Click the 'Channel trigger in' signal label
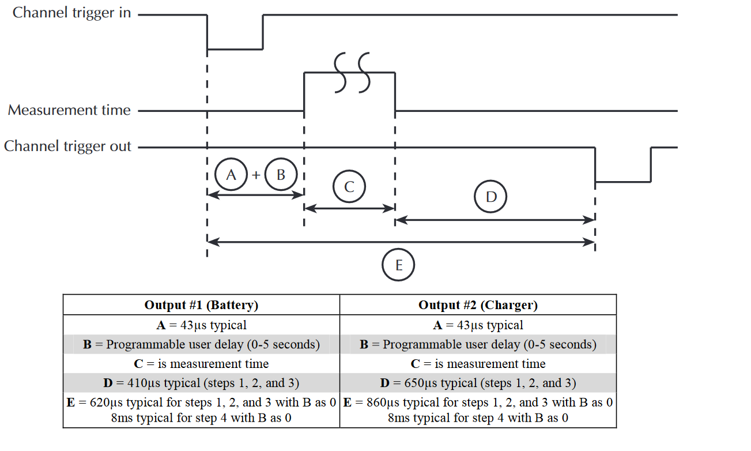pos(72,13)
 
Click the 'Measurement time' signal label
pos(69,110)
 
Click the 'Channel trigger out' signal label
pos(67,146)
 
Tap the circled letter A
pos(231,174)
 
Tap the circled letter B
pos(281,174)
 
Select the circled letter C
pos(349,187)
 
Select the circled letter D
pos(491,197)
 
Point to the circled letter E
pos(399,265)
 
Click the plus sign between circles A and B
pos(256,175)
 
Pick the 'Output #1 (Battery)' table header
pos(201,305)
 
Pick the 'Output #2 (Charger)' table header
pos(478,305)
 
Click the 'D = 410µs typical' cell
pos(201,383)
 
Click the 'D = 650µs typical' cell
pos(478,383)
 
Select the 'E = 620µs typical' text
pos(201,403)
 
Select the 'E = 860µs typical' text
pos(478,403)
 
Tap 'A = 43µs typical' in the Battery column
pos(201,325)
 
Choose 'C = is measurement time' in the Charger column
pos(478,364)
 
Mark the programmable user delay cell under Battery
pos(201,344)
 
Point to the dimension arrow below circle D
pos(495,220)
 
